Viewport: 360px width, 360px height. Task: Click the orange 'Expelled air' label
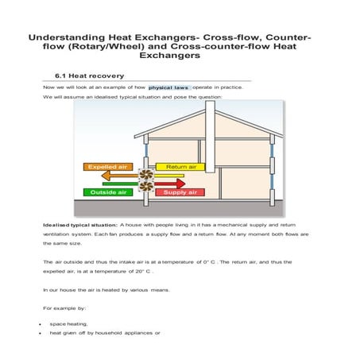pyautogui.click(x=107, y=167)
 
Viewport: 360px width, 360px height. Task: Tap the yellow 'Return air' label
pyautogui.click(x=180, y=167)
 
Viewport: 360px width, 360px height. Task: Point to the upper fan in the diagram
pyautogui.click(x=146, y=175)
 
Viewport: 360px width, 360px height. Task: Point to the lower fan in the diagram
pyautogui.click(x=146, y=187)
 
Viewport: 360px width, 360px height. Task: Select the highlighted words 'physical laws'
pyautogui.click(x=168, y=87)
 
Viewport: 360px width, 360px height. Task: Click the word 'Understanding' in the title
pyautogui.click(x=66, y=37)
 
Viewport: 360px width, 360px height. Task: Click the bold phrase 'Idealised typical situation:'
pyautogui.click(x=80, y=226)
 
